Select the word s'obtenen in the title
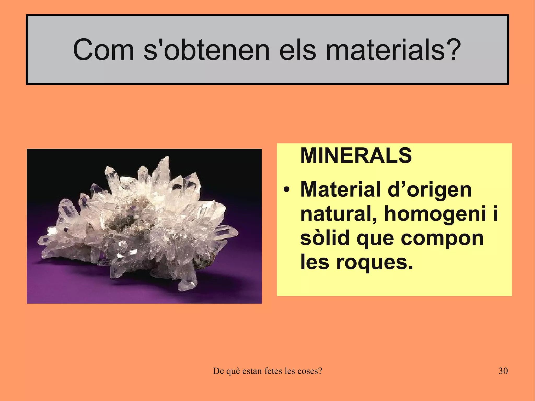206,50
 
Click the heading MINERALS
356,156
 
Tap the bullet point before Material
287,190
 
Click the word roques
374,262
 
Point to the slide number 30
503,371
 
